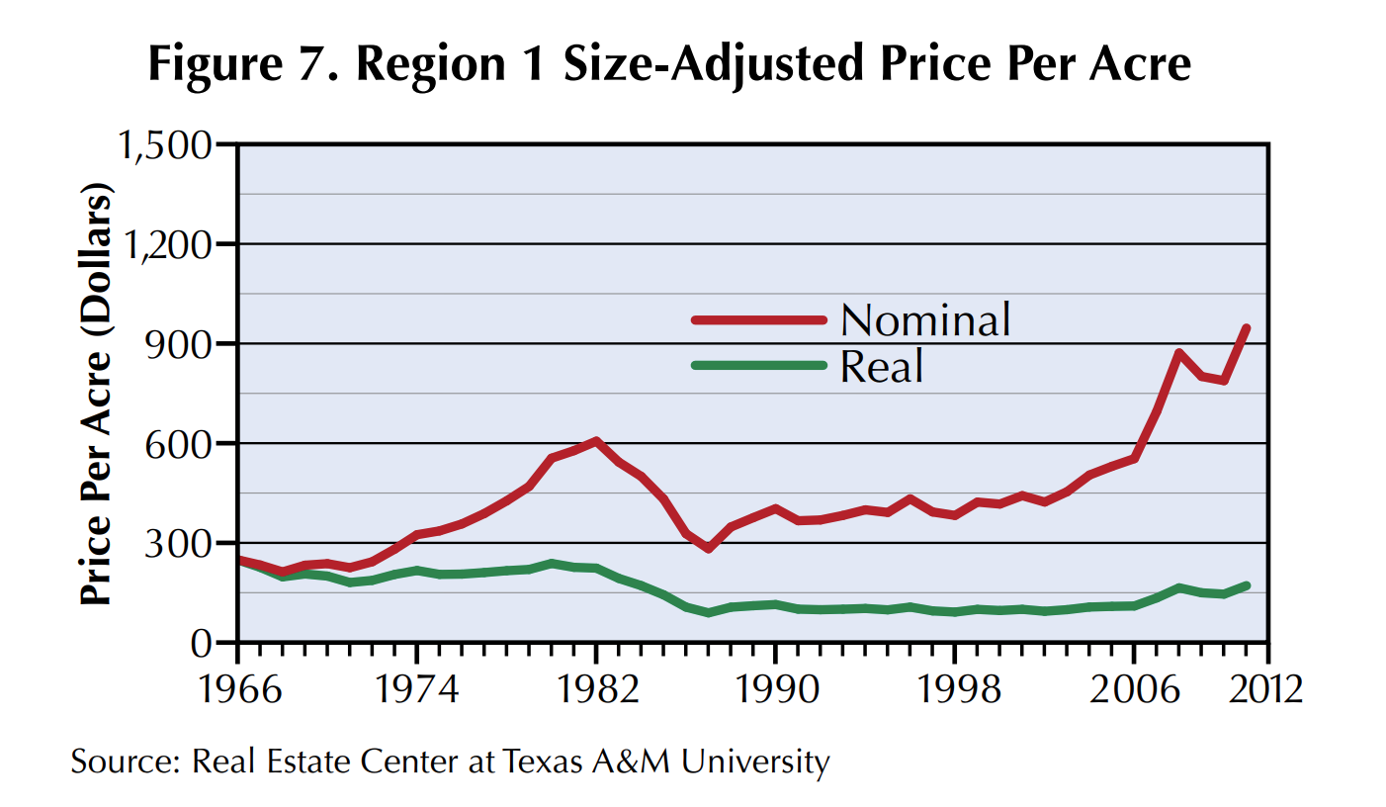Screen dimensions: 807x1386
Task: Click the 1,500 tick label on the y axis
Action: point(164,145)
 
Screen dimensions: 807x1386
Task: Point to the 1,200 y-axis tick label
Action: point(164,244)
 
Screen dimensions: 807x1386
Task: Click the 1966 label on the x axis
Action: point(238,686)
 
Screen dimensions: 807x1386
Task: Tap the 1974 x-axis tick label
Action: point(417,686)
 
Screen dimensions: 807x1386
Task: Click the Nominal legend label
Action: point(925,319)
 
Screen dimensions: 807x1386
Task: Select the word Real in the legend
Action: point(882,366)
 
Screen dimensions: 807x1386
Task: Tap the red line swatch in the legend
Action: point(758,319)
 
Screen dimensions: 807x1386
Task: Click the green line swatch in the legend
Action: point(758,365)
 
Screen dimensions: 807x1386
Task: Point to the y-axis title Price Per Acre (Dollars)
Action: point(96,394)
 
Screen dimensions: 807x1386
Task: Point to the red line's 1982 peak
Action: point(596,440)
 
